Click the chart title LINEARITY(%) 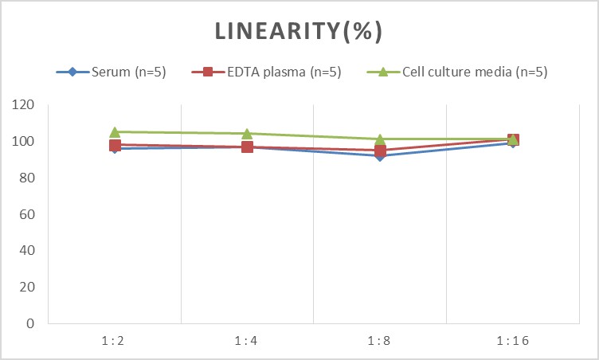coord(299,31)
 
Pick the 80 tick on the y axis coord(28,178)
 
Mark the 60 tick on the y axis coord(28,214)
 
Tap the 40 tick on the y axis coord(28,251)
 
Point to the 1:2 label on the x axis coord(115,340)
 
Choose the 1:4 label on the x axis coord(247,340)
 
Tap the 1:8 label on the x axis coord(380,340)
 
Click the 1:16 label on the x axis coord(512,340)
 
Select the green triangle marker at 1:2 coord(115,131)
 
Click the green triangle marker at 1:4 coord(247,133)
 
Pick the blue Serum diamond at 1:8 coord(380,156)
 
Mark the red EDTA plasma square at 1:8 coord(380,150)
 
